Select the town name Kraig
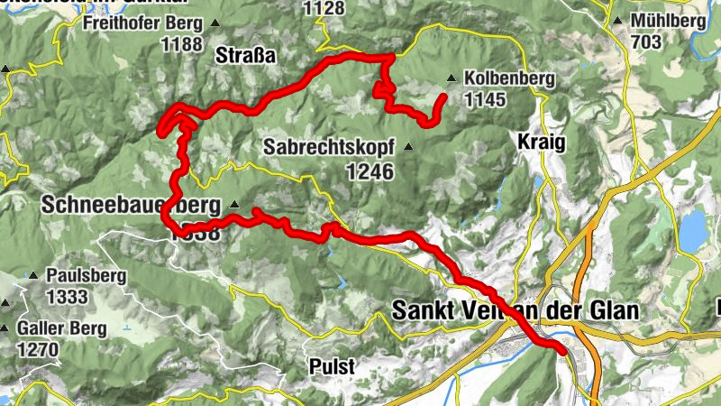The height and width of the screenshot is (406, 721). tap(541, 142)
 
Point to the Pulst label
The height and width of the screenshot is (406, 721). tap(331, 367)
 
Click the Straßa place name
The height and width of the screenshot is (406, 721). tap(245, 56)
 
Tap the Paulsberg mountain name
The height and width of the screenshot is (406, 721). tap(88, 276)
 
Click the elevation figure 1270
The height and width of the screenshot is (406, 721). tap(38, 350)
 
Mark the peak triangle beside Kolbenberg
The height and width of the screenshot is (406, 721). tap(451, 78)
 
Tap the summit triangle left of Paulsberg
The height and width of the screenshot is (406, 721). tap(33, 276)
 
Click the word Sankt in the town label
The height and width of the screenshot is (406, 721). tap(424, 311)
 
